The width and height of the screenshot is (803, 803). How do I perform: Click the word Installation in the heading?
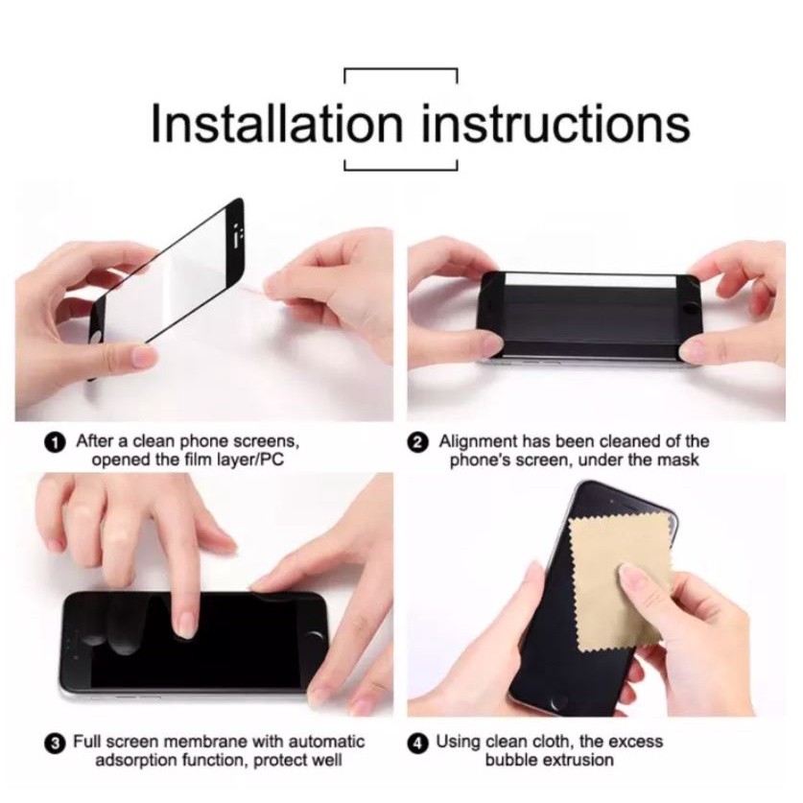(x=277, y=123)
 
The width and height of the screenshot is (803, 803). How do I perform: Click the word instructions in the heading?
(x=556, y=123)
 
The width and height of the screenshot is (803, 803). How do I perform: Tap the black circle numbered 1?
(x=56, y=442)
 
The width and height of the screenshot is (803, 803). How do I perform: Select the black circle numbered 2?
(x=418, y=442)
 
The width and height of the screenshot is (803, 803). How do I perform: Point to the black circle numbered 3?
(x=56, y=743)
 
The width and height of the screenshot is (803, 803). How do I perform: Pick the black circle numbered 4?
(x=418, y=743)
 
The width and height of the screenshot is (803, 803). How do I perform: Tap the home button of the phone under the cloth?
(x=556, y=701)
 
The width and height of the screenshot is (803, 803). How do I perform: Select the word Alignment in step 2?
(x=478, y=441)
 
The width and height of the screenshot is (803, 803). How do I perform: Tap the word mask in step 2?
(x=678, y=460)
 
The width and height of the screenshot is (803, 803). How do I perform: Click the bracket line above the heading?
(x=401, y=69)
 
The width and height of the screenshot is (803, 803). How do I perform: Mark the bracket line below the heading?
(x=401, y=169)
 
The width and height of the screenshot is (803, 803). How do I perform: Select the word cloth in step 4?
(x=553, y=741)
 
